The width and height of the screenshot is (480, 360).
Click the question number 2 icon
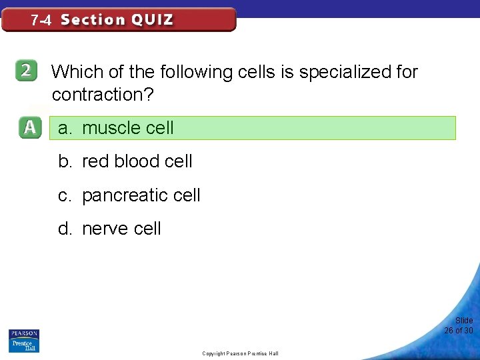[x=27, y=72]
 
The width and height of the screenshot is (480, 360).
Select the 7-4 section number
[x=41, y=21]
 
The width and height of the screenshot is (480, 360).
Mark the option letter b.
[x=65, y=161]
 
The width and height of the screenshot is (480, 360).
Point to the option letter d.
[x=65, y=229]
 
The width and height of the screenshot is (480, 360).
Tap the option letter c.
[x=64, y=195]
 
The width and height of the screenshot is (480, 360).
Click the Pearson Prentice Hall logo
[x=24, y=340]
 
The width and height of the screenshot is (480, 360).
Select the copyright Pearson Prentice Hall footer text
[x=240, y=353]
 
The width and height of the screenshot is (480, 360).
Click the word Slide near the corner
[x=464, y=321]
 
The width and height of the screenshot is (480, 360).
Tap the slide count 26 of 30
[x=459, y=331]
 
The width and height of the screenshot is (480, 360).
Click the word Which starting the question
[x=73, y=72]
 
